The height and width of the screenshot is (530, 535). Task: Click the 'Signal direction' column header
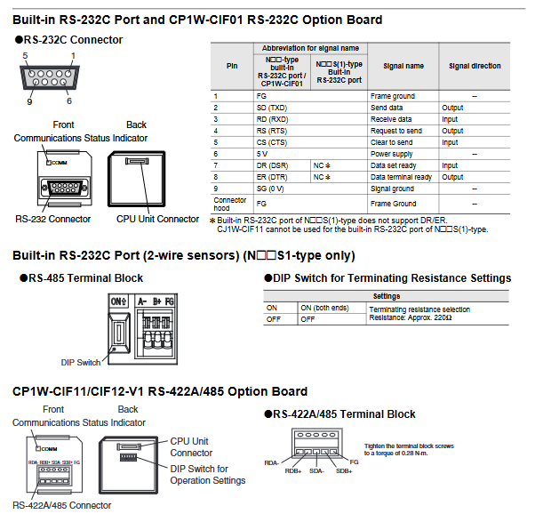point(474,66)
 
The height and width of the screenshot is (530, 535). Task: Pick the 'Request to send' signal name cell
point(392,131)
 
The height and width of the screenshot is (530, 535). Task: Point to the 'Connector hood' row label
point(230,204)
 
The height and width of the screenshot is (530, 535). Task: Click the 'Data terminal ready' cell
point(401,177)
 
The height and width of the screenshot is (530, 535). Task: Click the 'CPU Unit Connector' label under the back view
point(158,219)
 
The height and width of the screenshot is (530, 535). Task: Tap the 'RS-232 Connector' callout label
point(52,219)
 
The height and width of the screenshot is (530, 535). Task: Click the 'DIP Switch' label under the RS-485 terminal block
point(79,362)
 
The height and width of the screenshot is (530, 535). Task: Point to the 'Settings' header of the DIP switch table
point(387,296)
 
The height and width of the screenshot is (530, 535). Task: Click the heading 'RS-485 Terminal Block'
point(85,277)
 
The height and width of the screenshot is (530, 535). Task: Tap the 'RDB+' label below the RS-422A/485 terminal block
point(293,471)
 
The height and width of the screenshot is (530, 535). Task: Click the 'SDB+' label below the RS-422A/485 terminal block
point(343,471)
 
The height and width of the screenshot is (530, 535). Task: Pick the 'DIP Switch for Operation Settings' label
point(207,475)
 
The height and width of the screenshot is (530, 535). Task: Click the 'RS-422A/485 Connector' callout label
point(62,505)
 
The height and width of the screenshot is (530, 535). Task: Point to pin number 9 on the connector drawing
point(28,101)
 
